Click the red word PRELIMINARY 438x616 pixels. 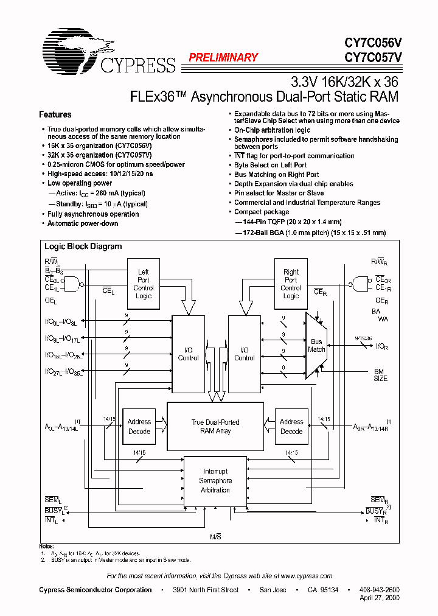tap(223, 58)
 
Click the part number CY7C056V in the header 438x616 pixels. tap(373, 43)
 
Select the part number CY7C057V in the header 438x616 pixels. tap(373, 58)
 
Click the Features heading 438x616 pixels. tap(55, 114)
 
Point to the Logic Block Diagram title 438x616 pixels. tap(83, 247)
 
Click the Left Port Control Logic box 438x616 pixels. tap(144, 284)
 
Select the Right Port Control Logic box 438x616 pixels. tap(291, 284)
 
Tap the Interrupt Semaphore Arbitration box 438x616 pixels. tap(215, 481)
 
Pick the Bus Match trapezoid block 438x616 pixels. tap(317, 346)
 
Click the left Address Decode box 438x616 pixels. tap(139, 426)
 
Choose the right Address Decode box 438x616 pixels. tap(291, 426)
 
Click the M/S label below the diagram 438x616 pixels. tap(215, 535)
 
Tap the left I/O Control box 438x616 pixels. tap(188, 354)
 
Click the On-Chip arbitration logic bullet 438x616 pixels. tap(272, 130)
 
